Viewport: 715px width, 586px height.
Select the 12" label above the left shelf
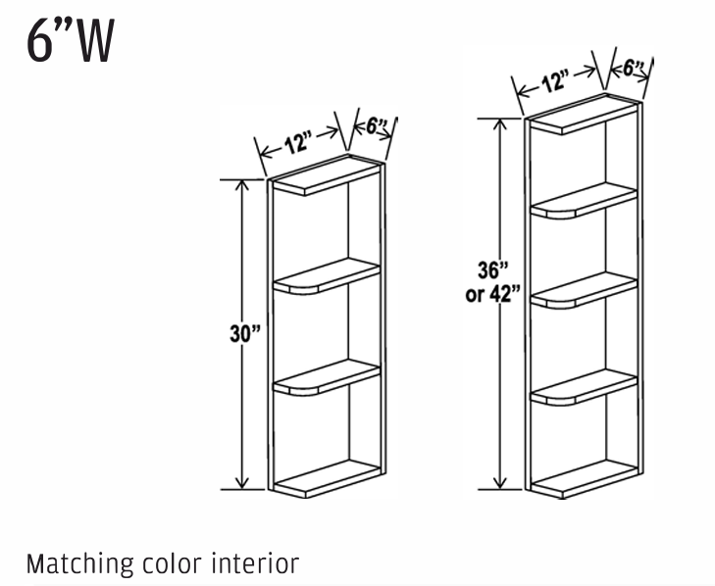click(x=298, y=143)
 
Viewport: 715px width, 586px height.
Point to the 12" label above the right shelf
click(x=556, y=81)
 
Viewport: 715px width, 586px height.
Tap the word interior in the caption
click(x=258, y=564)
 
